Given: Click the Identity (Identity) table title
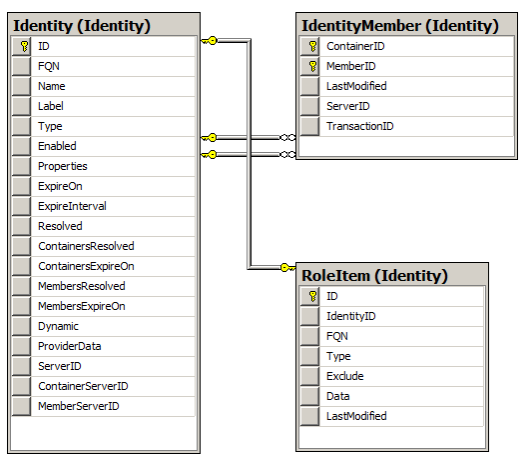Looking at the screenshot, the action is click(x=82, y=26).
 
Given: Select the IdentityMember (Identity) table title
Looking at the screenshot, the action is click(x=400, y=26).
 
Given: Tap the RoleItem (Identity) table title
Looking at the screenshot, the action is click(x=374, y=276).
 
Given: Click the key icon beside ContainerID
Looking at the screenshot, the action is click(x=312, y=46).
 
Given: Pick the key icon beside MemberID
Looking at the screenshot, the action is click(x=312, y=66).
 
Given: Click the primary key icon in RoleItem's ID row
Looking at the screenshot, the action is click(x=312, y=296).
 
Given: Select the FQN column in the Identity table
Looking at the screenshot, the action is click(x=49, y=66).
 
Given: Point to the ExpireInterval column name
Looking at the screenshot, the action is click(x=72, y=206).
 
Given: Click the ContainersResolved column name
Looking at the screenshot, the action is click(x=86, y=246).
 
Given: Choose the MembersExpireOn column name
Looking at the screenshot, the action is click(x=82, y=306).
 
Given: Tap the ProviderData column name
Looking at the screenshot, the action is click(x=70, y=346).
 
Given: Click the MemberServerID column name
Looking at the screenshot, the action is click(x=79, y=406).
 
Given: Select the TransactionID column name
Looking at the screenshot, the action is click(x=360, y=126).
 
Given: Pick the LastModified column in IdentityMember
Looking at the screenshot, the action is click(x=356, y=86).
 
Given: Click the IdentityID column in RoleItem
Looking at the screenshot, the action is click(x=351, y=316).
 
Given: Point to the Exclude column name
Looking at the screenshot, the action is click(x=344, y=376).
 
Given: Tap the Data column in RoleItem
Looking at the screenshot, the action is click(x=337, y=396).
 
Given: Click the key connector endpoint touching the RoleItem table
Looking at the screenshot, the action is click(x=287, y=268).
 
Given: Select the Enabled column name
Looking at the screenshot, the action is click(x=57, y=146).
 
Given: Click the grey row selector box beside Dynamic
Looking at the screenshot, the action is click(x=21, y=326).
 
